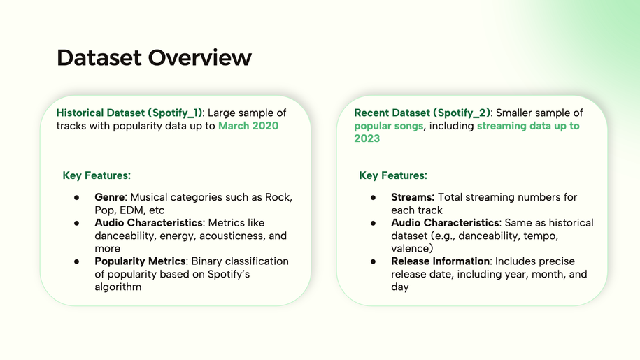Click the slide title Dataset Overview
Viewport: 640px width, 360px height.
(154, 57)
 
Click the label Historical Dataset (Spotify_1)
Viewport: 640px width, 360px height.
(129, 113)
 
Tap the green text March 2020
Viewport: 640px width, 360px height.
(248, 126)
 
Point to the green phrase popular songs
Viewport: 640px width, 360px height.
(389, 126)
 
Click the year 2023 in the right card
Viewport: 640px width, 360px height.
(367, 138)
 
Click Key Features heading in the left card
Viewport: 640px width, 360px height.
(97, 175)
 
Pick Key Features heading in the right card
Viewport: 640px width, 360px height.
(393, 175)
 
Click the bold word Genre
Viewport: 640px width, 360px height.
(109, 197)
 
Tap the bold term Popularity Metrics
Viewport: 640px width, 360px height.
(140, 261)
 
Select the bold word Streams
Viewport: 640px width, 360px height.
(413, 197)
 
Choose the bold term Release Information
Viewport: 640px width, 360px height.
(441, 261)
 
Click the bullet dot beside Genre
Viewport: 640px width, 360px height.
(77, 198)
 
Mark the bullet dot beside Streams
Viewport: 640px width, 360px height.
(373, 198)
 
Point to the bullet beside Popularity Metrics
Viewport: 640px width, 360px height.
(77, 261)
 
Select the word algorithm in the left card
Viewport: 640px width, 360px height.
(118, 287)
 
